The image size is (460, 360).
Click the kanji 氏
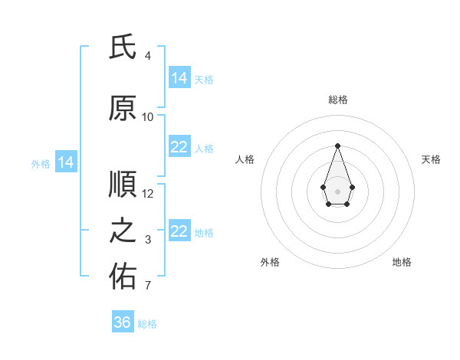click(123, 48)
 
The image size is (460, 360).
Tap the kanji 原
click(123, 110)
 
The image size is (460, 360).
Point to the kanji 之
click(123, 232)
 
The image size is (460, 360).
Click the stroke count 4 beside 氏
click(148, 56)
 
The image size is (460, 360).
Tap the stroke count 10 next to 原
click(148, 117)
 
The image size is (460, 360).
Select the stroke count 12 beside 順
click(148, 194)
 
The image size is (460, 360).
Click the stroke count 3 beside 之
click(148, 240)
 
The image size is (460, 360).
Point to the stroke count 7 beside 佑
click(148, 286)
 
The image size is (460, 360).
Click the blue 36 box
click(123, 322)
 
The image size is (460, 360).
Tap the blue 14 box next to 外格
click(66, 162)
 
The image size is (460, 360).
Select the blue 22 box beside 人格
click(179, 148)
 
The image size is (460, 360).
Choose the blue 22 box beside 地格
click(179, 232)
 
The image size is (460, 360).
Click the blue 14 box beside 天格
click(179, 78)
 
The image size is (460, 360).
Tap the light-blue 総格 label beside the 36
click(147, 324)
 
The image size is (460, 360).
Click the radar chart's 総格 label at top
click(337, 100)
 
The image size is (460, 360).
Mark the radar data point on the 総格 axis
click(337, 145)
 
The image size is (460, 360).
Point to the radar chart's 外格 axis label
click(270, 263)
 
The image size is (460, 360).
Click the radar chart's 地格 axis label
click(402, 263)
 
